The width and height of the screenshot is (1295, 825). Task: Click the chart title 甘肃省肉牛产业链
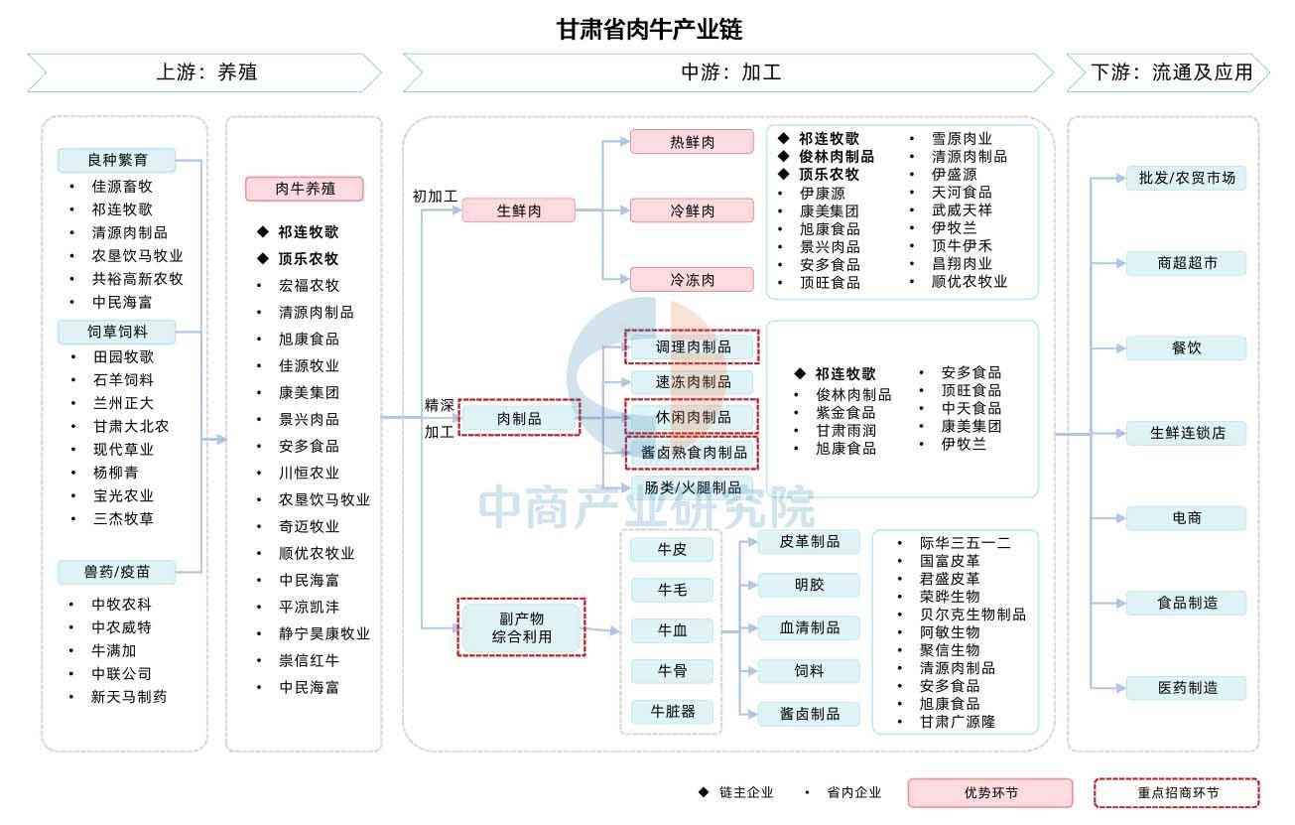[649, 29]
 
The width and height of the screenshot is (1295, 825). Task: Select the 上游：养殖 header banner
[204, 72]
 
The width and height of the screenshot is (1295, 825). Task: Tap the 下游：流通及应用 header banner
[1168, 72]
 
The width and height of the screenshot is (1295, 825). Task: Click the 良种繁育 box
[117, 160]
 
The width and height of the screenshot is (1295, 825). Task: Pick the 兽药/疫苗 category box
[117, 572]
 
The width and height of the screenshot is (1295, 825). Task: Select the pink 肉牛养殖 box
[305, 189]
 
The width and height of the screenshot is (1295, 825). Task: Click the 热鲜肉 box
[692, 142]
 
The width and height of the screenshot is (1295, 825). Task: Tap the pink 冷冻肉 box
[692, 279]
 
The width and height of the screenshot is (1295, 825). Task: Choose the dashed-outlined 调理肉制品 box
[692, 346]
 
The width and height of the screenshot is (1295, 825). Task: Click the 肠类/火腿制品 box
[692, 487]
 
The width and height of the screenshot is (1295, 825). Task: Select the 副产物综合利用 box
[521, 627]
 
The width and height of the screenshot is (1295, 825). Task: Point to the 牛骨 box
[672, 670]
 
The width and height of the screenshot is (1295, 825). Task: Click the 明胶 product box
[809, 585]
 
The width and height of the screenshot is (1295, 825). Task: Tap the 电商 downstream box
[1186, 518]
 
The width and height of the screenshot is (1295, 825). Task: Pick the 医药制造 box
[1186, 688]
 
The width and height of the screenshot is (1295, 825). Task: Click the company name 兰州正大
[123, 403]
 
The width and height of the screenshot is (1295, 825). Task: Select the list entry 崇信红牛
[309, 660]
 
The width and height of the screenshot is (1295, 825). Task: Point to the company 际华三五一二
[965, 543]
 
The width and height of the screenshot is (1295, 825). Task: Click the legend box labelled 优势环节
[990, 792]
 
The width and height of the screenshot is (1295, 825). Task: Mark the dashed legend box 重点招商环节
[1177, 792]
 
